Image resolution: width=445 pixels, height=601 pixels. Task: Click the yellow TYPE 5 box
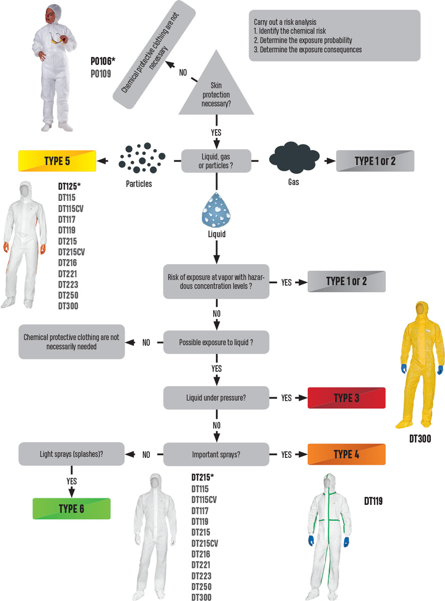click(57, 160)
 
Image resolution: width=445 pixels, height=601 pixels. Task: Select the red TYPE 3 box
click(346, 398)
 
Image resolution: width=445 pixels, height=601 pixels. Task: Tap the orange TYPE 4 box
click(346, 454)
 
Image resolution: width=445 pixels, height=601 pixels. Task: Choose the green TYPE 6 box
click(71, 508)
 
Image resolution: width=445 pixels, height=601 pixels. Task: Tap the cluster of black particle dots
click(142, 158)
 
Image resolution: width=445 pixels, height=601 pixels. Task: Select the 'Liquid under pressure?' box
click(216, 398)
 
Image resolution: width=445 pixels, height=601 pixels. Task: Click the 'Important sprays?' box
click(216, 454)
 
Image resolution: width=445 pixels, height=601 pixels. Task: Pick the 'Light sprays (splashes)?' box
click(71, 454)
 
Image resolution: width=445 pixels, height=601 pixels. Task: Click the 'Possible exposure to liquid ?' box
click(216, 342)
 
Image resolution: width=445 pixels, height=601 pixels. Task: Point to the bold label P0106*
click(103, 62)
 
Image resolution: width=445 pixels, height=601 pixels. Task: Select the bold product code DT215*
click(203, 477)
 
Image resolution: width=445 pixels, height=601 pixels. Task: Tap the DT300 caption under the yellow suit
click(419, 438)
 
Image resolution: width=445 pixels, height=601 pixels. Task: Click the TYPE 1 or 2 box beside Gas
click(374, 161)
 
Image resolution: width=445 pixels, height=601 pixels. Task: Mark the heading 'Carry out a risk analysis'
click(285, 22)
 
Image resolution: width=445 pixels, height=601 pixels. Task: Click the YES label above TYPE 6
click(71, 481)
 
